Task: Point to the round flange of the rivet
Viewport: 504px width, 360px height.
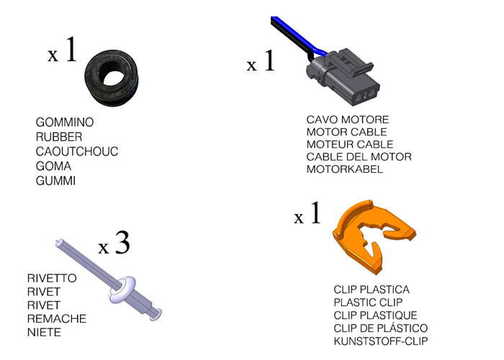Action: point(124,289)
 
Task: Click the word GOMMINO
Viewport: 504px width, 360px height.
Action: point(65,122)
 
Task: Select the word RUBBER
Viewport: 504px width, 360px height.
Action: point(59,137)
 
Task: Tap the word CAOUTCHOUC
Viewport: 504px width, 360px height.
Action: point(77,151)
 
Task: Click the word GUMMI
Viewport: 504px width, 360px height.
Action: point(56,181)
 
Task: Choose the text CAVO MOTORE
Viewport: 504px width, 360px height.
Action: point(348,120)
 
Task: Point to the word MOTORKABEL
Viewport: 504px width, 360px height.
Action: point(345,169)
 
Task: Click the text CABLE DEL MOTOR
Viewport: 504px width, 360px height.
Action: point(359,157)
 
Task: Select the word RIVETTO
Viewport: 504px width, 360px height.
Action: point(52,278)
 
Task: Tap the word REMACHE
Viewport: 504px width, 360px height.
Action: point(56,319)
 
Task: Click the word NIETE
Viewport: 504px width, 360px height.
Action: point(44,333)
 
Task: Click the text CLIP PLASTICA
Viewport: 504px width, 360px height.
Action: point(372,289)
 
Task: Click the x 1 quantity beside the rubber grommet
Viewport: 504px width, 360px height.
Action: point(62,53)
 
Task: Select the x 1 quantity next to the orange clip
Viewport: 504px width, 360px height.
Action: point(307,215)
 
